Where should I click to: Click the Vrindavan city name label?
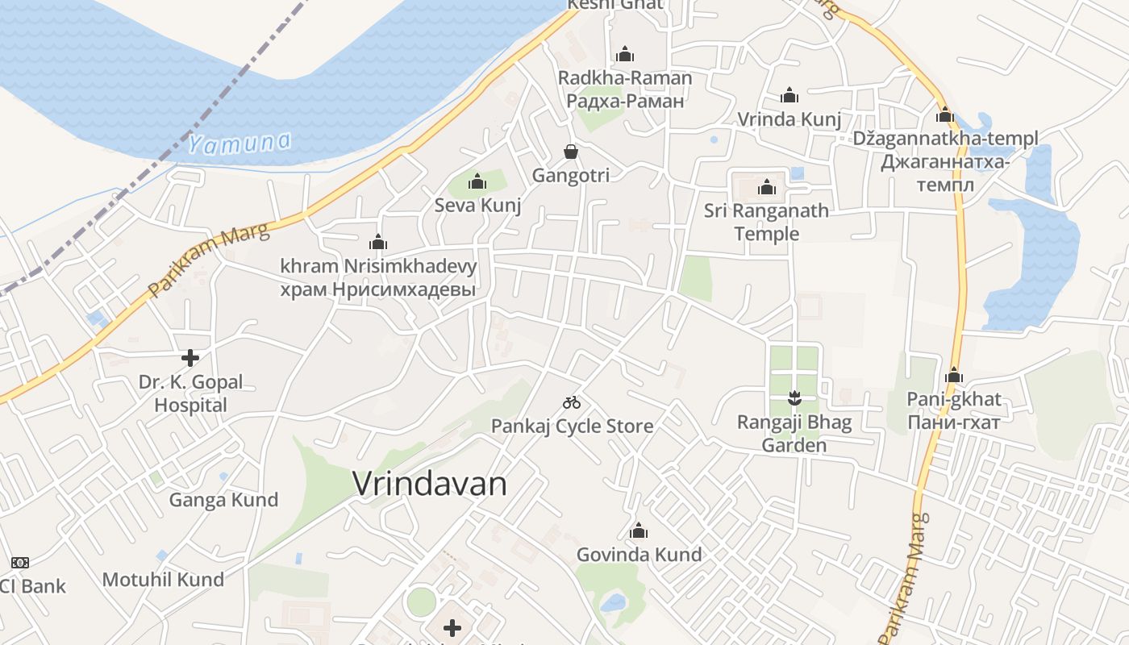(430, 484)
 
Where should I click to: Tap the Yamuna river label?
(239, 144)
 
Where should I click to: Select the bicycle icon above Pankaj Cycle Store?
(572, 402)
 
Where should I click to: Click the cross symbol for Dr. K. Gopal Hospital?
(190, 357)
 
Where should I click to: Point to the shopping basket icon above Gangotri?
(571, 152)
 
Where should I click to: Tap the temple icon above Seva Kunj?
(477, 181)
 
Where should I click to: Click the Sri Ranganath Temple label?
(766, 223)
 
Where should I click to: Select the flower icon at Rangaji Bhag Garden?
(795, 397)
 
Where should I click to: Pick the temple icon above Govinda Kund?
(639, 531)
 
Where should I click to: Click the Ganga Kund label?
(223, 500)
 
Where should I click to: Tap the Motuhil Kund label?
(163, 580)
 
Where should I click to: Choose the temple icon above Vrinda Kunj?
(789, 96)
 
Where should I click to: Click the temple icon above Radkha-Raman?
(625, 55)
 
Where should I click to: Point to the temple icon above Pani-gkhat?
(954, 375)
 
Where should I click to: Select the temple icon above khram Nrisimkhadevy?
(378, 242)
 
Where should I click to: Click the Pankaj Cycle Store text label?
(572, 426)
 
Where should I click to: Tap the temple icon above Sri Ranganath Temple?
(766, 188)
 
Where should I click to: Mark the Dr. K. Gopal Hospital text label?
(190, 393)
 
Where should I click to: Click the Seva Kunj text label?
(477, 206)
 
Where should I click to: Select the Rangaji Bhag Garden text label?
(795, 434)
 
